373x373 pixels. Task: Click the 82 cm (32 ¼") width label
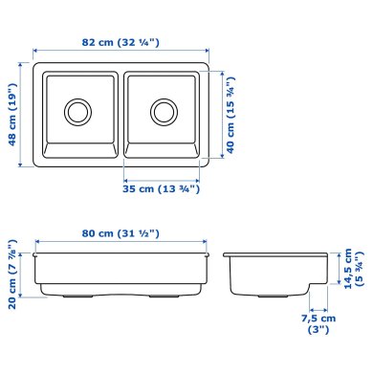click(x=121, y=42)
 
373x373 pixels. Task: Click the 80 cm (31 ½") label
click(x=121, y=233)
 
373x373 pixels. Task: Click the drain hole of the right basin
click(x=164, y=111)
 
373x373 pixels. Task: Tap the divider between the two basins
click(x=121, y=113)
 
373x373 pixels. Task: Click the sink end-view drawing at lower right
click(x=277, y=272)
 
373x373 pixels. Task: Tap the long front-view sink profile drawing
click(x=121, y=274)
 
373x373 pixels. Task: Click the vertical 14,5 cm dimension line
click(x=337, y=270)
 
